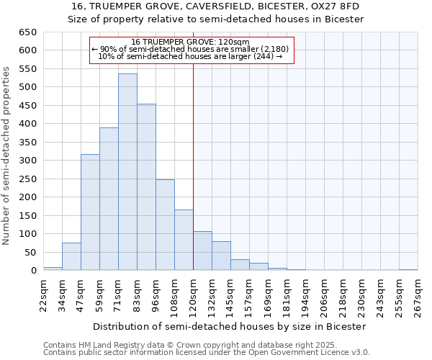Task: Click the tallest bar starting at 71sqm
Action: click(x=127, y=173)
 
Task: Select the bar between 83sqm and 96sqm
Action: click(x=146, y=187)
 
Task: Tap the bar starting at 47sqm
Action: click(x=90, y=212)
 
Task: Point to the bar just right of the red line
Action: click(x=202, y=251)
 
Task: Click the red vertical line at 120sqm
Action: click(x=193, y=144)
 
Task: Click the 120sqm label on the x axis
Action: click(x=193, y=294)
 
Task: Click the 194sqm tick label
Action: click(x=305, y=294)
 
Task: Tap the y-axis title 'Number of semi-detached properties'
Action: click(x=6, y=156)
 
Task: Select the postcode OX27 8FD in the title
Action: click(x=335, y=6)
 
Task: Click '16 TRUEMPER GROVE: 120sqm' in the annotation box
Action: click(x=192, y=42)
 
